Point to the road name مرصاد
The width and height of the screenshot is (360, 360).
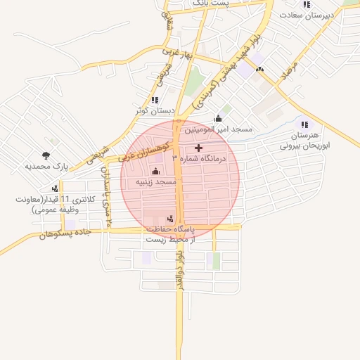tap(289, 69)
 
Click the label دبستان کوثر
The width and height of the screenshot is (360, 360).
tap(155, 111)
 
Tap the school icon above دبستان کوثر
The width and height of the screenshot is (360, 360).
tap(155, 100)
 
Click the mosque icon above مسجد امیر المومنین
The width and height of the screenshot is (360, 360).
tap(218, 118)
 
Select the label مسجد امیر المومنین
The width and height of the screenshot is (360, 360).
tap(218, 130)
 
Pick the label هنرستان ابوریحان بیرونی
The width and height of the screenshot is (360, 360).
tap(304, 141)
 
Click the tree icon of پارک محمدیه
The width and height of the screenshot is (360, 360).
tap(46, 155)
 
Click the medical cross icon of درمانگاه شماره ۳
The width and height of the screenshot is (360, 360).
tap(198, 148)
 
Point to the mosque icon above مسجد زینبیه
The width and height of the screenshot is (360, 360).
tap(155, 171)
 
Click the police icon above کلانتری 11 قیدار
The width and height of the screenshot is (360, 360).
tap(49, 188)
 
